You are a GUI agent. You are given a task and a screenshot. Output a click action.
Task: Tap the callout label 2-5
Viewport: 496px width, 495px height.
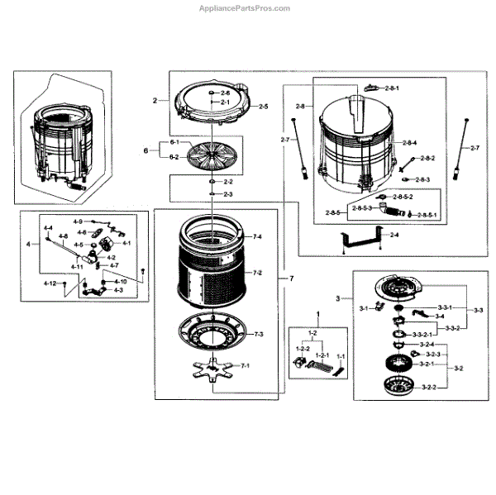263,107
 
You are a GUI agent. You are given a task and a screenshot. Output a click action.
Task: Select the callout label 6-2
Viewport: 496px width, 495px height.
175,156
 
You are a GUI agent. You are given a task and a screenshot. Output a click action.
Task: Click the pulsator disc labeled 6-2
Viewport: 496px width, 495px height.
212,155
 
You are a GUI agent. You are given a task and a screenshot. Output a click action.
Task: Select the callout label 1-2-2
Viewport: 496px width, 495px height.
302,350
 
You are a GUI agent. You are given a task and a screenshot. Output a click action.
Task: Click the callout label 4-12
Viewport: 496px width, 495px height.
50,283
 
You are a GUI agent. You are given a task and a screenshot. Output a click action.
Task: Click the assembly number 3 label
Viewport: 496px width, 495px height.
338,297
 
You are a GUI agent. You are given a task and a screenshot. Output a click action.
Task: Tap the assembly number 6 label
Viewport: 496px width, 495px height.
145,150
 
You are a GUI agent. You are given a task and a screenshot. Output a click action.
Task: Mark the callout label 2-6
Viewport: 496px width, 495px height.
224,93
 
